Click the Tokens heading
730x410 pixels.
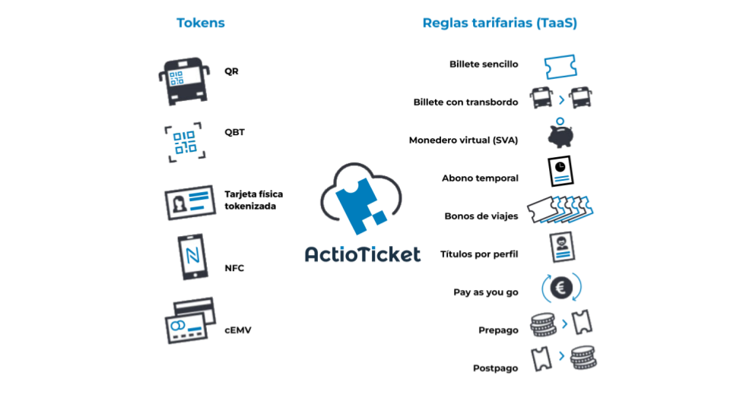click(201, 23)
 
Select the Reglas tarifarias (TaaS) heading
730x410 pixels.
click(500, 23)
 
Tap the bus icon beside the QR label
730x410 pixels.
click(184, 81)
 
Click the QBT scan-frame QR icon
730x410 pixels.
click(185, 142)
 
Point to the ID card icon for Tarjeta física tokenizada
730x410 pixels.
click(190, 203)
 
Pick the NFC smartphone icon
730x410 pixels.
click(192, 257)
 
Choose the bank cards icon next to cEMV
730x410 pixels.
click(190, 320)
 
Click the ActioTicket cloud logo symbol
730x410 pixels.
click(360, 198)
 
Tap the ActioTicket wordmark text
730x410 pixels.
click(363, 254)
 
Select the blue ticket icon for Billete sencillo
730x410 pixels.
click(560, 67)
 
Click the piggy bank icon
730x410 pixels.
click(560, 134)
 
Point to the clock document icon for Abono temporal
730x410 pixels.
click(560, 171)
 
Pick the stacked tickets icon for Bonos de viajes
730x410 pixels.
click(560, 210)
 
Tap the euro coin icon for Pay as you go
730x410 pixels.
click(561, 287)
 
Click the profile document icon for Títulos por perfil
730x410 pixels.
click(562, 247)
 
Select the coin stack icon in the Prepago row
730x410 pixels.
click(543, 324)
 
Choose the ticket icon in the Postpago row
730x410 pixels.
click(541, 359)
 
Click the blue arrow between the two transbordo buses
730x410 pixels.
click(562, 100)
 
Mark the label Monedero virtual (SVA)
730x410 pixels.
click(463, 140)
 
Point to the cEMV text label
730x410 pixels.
click(238, 330)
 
